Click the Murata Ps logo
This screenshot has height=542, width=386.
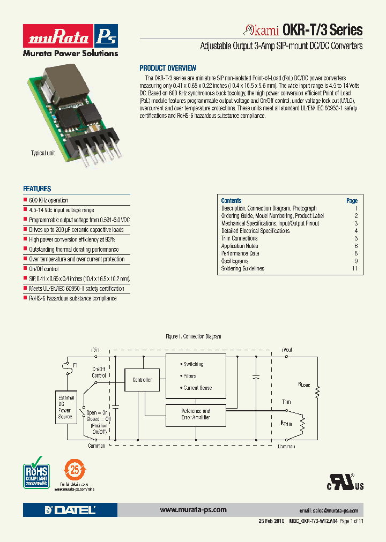click(70, 36)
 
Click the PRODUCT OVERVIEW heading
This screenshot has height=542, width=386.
click(168, 68)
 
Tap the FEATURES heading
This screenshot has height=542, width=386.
click(37, 189)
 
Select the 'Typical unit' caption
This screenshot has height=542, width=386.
click(43, 153)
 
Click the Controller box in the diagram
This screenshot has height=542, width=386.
click(142, 380)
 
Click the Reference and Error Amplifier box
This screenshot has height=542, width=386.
click(196, 414)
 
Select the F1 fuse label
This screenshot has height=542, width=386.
click(76, 365)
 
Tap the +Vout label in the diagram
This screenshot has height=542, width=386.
click(286, 350)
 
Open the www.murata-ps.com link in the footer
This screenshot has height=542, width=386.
click(193, 510)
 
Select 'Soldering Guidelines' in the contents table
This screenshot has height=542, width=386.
click(242, 268)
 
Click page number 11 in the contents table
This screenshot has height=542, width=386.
click(354, 268)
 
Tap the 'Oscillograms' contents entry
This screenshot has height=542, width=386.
click(235, 261)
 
